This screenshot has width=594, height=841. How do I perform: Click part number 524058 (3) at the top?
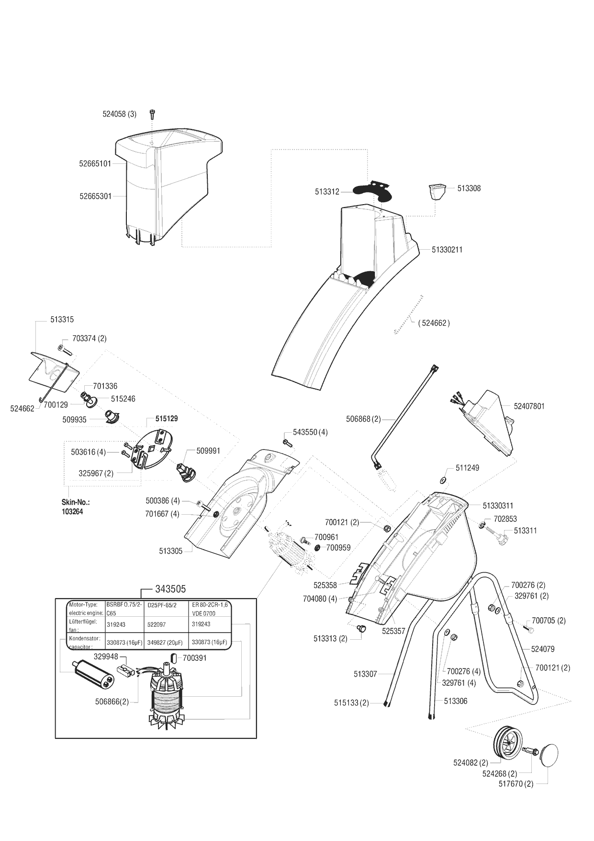119,114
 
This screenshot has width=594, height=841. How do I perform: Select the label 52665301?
95,196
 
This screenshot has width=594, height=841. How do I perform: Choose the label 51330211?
447,250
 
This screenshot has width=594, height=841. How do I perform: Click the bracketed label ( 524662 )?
434,323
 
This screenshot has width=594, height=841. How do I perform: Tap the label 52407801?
529,406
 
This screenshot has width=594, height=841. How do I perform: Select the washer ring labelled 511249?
442,480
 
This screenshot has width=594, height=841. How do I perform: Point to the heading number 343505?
170,589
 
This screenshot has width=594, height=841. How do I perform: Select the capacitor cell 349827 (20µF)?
167,642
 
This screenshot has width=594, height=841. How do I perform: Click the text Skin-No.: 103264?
76,507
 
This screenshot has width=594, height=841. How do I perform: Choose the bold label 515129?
166,418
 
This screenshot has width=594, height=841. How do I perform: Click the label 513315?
62,320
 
